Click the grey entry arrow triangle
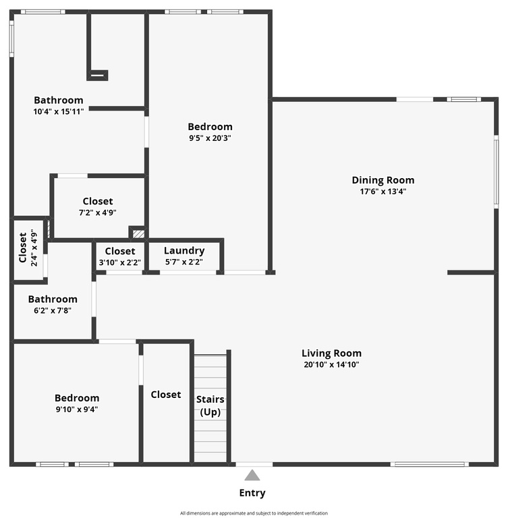(252, 475)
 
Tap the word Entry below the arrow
(252, 493)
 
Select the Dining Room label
(383, 180)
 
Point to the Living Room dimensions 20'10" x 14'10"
(331, 364)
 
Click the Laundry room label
(184, 251)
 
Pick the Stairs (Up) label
(210, 405)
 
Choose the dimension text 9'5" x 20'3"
(210, 138)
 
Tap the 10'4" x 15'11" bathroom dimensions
(59, 112)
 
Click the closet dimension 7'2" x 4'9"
(98, 212)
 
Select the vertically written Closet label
(23, 248)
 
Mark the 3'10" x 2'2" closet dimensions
(120, 262)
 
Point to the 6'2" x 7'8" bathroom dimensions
(53, 310)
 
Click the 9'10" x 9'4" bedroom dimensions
(77, 409)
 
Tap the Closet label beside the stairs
(165, 395)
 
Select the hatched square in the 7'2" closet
(138, 234)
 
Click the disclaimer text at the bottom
(254, 513)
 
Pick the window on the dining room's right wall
(496, 172)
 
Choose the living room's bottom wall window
(429, 464)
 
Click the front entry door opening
(254, 464)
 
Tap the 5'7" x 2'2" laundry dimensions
(184, 262)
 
